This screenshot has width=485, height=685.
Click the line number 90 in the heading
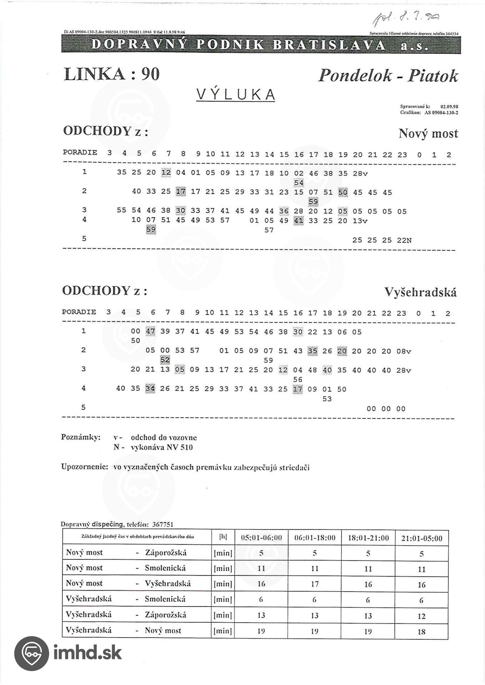[150, 74]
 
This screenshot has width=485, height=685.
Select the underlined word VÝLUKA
[236, 95]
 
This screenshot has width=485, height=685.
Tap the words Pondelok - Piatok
[388, 75]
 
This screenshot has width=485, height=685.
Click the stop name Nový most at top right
[428, 133]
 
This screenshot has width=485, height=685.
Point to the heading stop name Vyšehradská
[420, 292]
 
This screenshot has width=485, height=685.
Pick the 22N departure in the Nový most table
[404, 240]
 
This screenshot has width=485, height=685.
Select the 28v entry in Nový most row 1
[360, 173]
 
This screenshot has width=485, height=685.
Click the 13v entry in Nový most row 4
[360, 221]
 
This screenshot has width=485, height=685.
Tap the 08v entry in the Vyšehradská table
[404, 351]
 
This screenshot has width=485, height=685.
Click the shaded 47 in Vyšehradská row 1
[150, 331]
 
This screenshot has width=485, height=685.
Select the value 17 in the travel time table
[314, 584]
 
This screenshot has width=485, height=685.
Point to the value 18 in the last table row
[421, 632]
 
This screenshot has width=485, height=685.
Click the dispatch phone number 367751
[162, 524]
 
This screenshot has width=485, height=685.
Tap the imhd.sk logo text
[87, 653]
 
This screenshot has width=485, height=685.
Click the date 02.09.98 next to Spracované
[449, 106]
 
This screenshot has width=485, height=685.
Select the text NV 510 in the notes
[180, 447]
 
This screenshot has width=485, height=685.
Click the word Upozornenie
[84, 467]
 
